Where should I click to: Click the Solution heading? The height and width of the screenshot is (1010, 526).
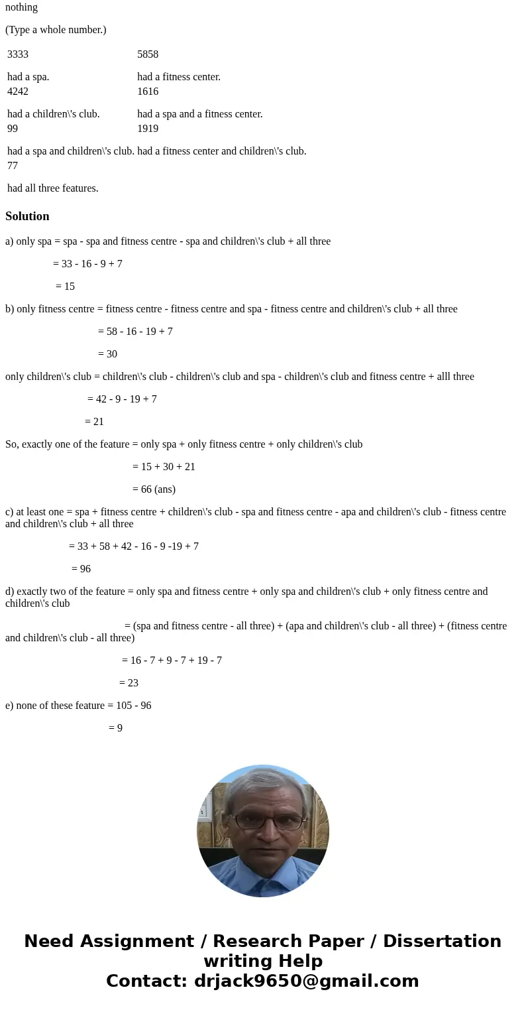pyautogui.click(x=27, y=216)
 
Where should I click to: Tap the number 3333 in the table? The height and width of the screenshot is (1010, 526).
pyautogui.click(x=18, y=54)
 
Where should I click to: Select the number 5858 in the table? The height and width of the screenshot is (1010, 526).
pyautogui.click(x=148, y=54)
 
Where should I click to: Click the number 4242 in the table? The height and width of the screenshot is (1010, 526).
pyautogui.click(x=18, y=92)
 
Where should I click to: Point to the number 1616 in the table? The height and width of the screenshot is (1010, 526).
pyautogui.click(x=148, y=92)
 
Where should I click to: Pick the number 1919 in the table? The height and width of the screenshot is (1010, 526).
pyautogui.click(x=148, y=129)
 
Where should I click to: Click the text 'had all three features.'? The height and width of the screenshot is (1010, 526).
pyautogui.click(x=53, y=188)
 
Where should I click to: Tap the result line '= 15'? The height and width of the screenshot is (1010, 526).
pyautogui.click(x=65, y=286)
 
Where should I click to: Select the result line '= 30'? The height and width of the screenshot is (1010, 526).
pyautogui.click(x=107, y=354)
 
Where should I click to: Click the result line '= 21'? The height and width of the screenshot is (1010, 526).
pyautogui.click(x=94, y=422)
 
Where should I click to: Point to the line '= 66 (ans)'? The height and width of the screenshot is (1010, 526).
pyautogui.click(x=154, y=489)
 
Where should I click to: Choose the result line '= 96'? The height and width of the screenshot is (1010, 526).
pyautogui.click(x=81, y=569)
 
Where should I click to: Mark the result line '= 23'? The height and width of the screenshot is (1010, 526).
pyautogui.click(x=129, y=683)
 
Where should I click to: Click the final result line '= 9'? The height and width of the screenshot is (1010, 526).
pyautogui.click(x=115, y=728)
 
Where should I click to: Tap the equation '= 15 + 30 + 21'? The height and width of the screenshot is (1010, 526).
pyautogui.click(x=164, y=467)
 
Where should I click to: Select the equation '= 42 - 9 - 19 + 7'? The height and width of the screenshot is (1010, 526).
pyautogui.click(x=122, y=399)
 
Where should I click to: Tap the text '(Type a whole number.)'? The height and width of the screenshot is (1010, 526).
pyautogui.click(x=56, y=30)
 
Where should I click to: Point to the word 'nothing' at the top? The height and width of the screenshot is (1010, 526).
pyautogui.click(x=21, y=7)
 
